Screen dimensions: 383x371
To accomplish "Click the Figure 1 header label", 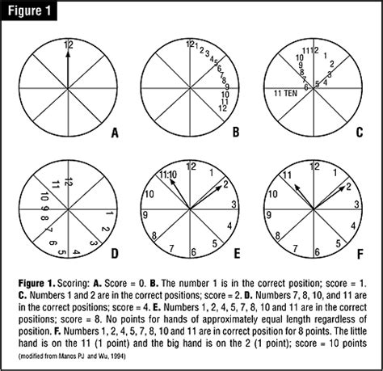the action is coord(33,13).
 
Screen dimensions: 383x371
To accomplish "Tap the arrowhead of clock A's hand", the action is coord(69,55).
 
